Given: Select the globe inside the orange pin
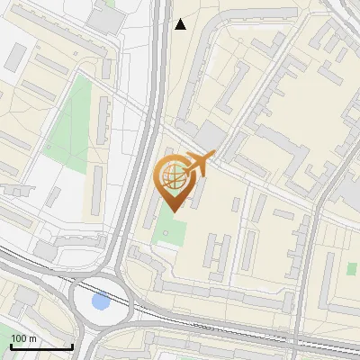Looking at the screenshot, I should pos(172,175).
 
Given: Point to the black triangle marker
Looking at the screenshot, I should pos(180,24).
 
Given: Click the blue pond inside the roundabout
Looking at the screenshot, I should pos(102,301).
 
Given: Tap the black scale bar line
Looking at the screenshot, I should pos(40,346).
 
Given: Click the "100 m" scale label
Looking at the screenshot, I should pos(23,338).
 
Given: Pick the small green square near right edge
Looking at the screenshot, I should pos(351,268).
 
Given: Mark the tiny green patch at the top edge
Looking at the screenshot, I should pos(110,4).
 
